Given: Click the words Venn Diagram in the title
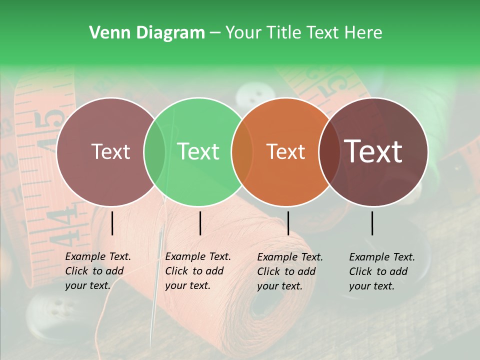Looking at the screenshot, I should pos(147,33).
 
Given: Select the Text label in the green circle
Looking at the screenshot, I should pos(198,151).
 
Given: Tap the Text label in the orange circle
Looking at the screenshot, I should pos(285,151).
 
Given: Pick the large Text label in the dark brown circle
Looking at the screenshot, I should pos(373,151).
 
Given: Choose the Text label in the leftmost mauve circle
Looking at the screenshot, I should pos(110,151).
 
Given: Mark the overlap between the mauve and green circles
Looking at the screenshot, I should pos(154,151).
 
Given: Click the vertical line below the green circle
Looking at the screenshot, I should pos(200,223).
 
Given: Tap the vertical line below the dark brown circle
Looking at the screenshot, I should pos(372,223).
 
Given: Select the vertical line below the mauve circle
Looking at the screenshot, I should pos(112,223).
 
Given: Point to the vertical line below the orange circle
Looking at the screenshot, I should pos(288,223).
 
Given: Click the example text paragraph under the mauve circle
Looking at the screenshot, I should pos(98,271).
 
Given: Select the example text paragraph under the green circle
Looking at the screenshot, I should pos(198,271).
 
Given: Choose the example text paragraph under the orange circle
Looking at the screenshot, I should pos(290,271).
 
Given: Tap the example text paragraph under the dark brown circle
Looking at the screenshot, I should pos(382,271).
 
